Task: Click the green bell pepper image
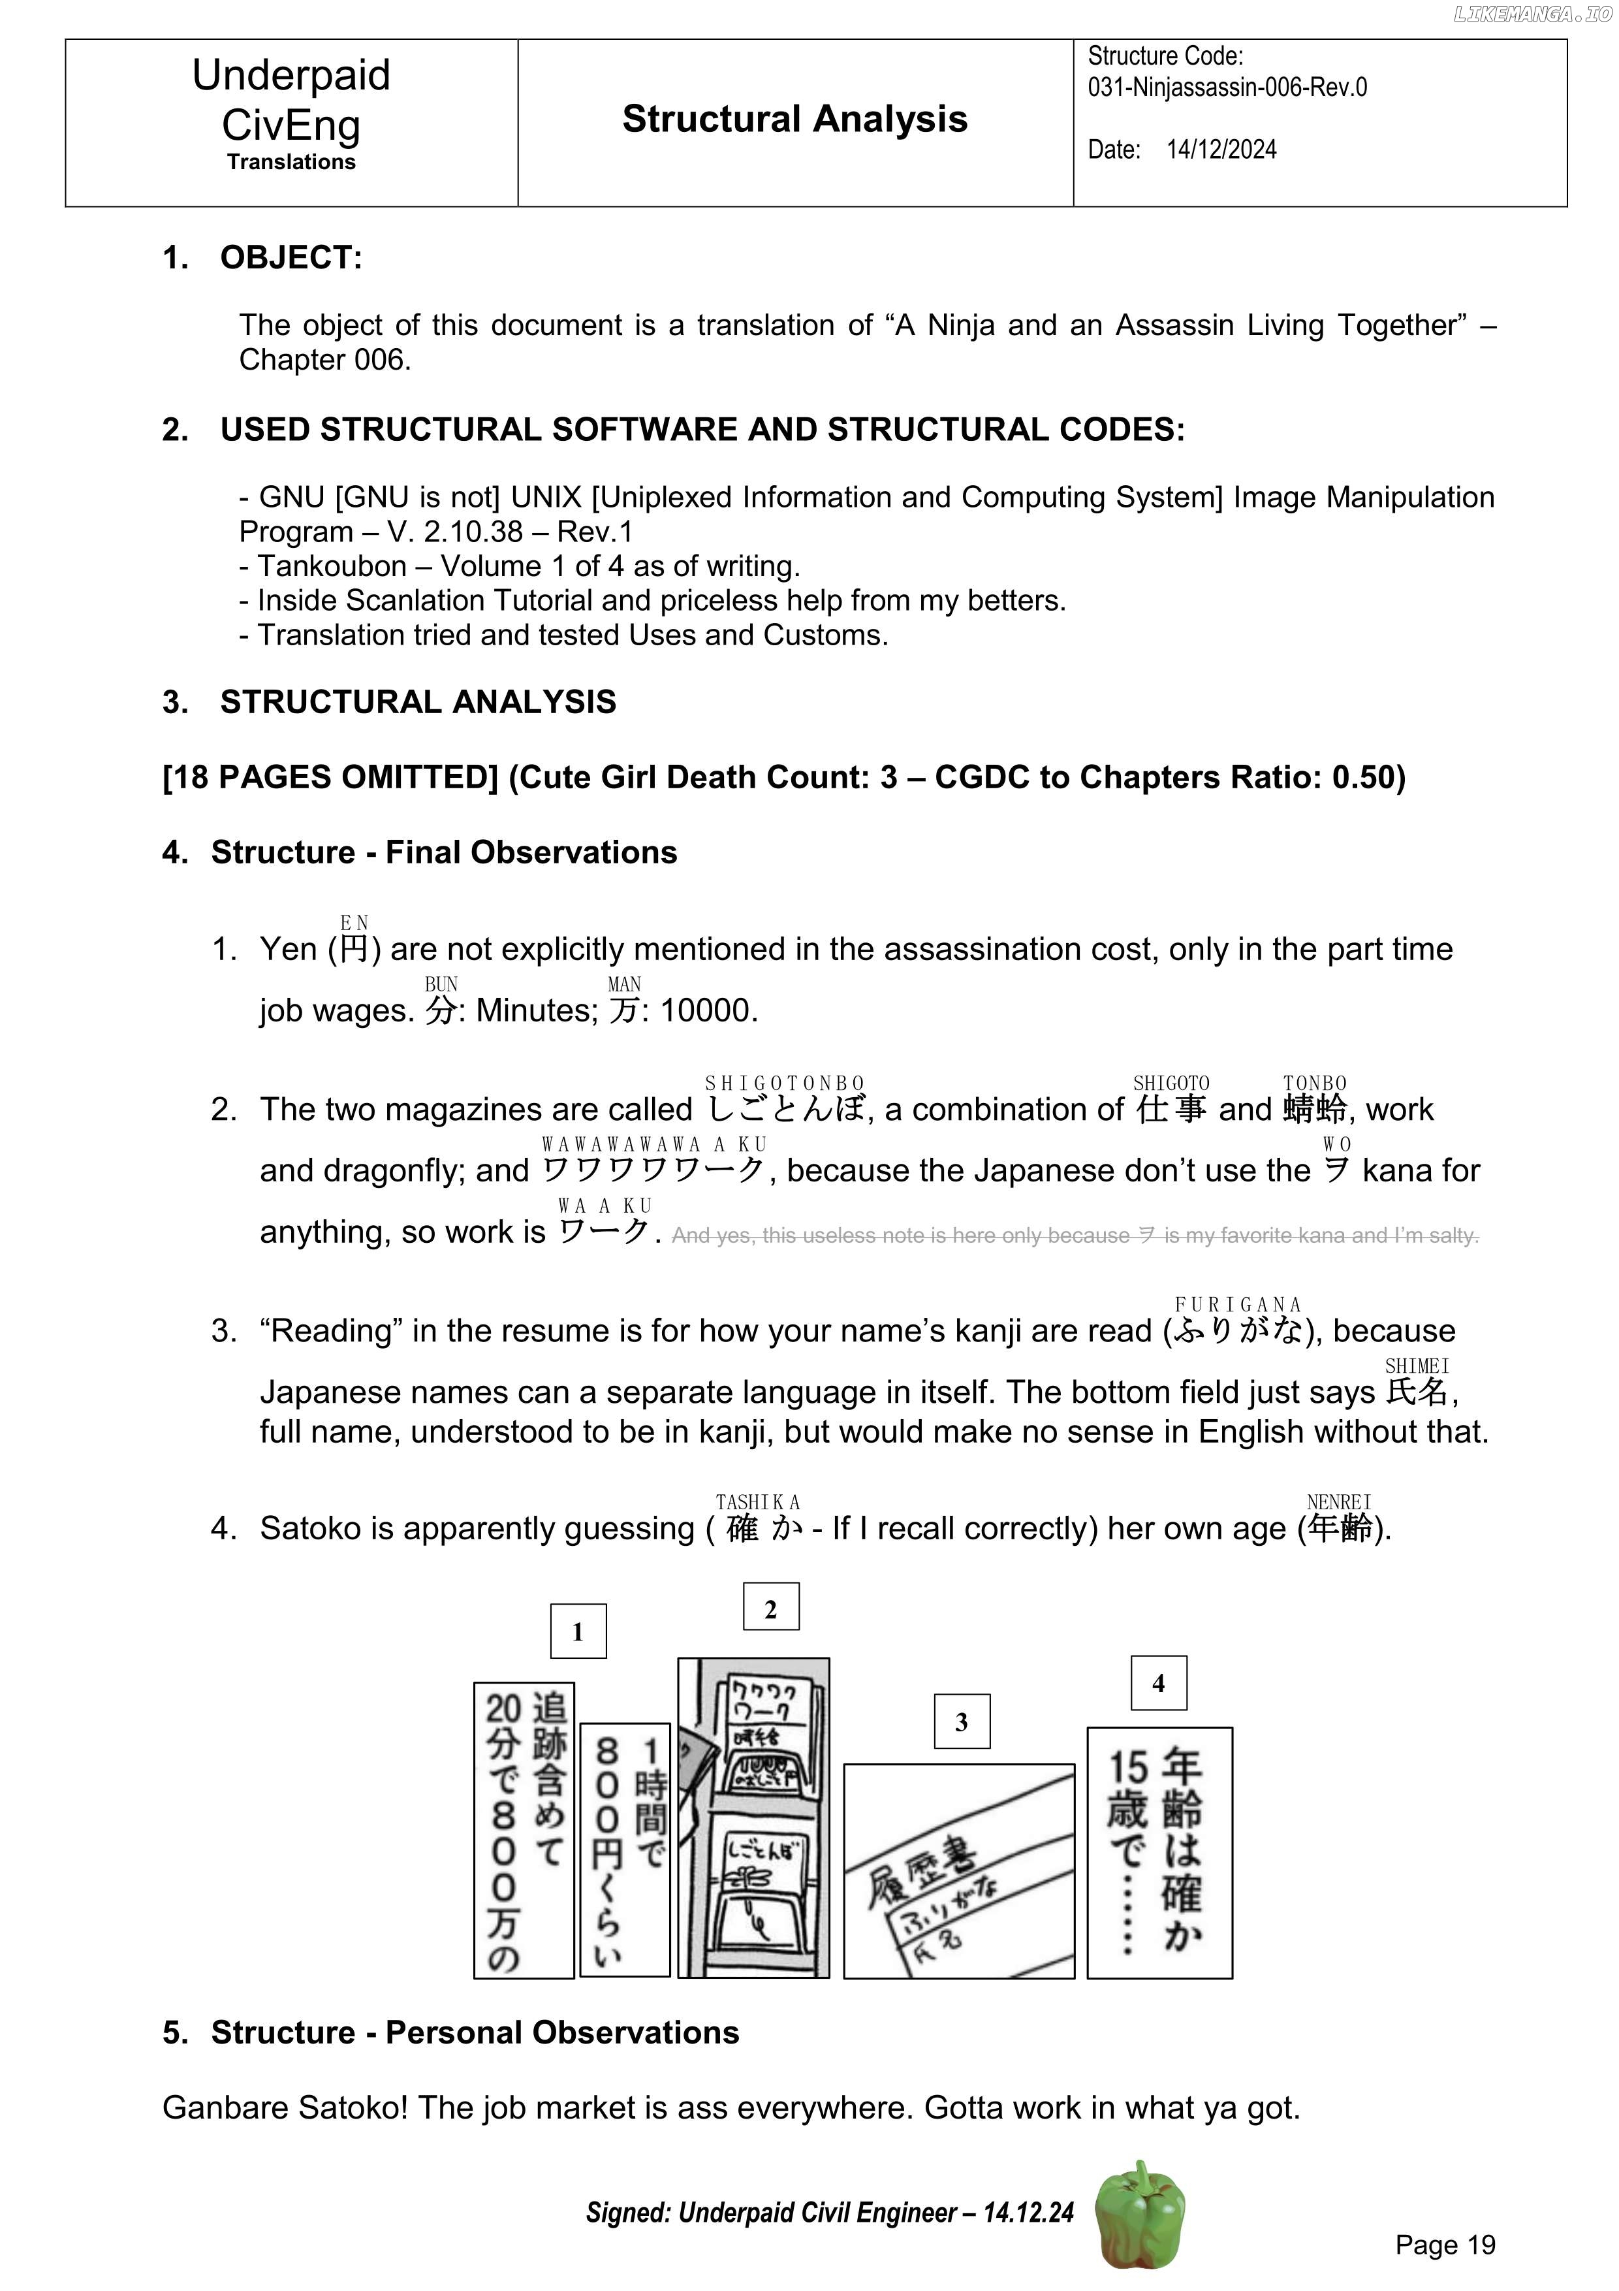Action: click(x=1140, y=2214)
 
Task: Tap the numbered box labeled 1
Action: click(x=578, y=1631)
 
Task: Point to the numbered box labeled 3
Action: click(x=960, y=1722)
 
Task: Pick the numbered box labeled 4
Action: click(x=1158, y=1682)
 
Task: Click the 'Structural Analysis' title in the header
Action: click(x=794, y=119)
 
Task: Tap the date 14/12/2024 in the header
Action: click(x=1221, y=150)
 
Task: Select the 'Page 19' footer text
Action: click(x=1445, y=2245)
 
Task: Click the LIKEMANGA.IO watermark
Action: click(x=1532, y=14)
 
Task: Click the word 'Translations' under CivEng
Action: click(x=291, y=162)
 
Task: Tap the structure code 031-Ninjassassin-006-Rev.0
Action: click(x=1227, y=88)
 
